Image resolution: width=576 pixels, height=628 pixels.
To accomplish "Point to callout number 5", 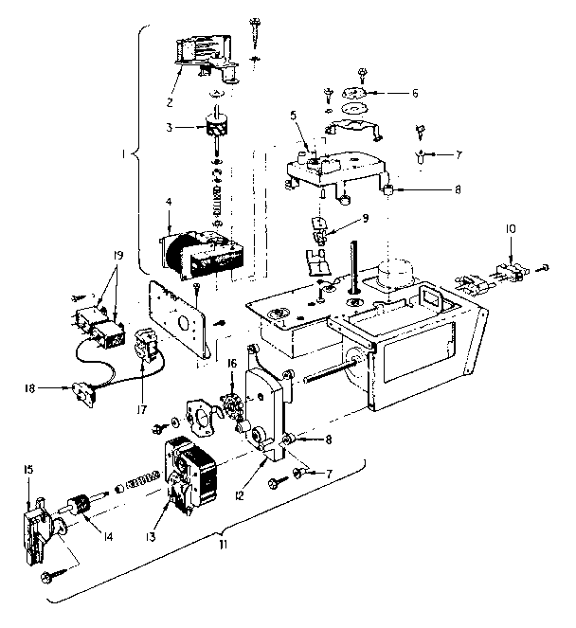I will (x=294, y=116).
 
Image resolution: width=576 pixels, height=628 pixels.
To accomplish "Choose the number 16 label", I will (x=231, y=363).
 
